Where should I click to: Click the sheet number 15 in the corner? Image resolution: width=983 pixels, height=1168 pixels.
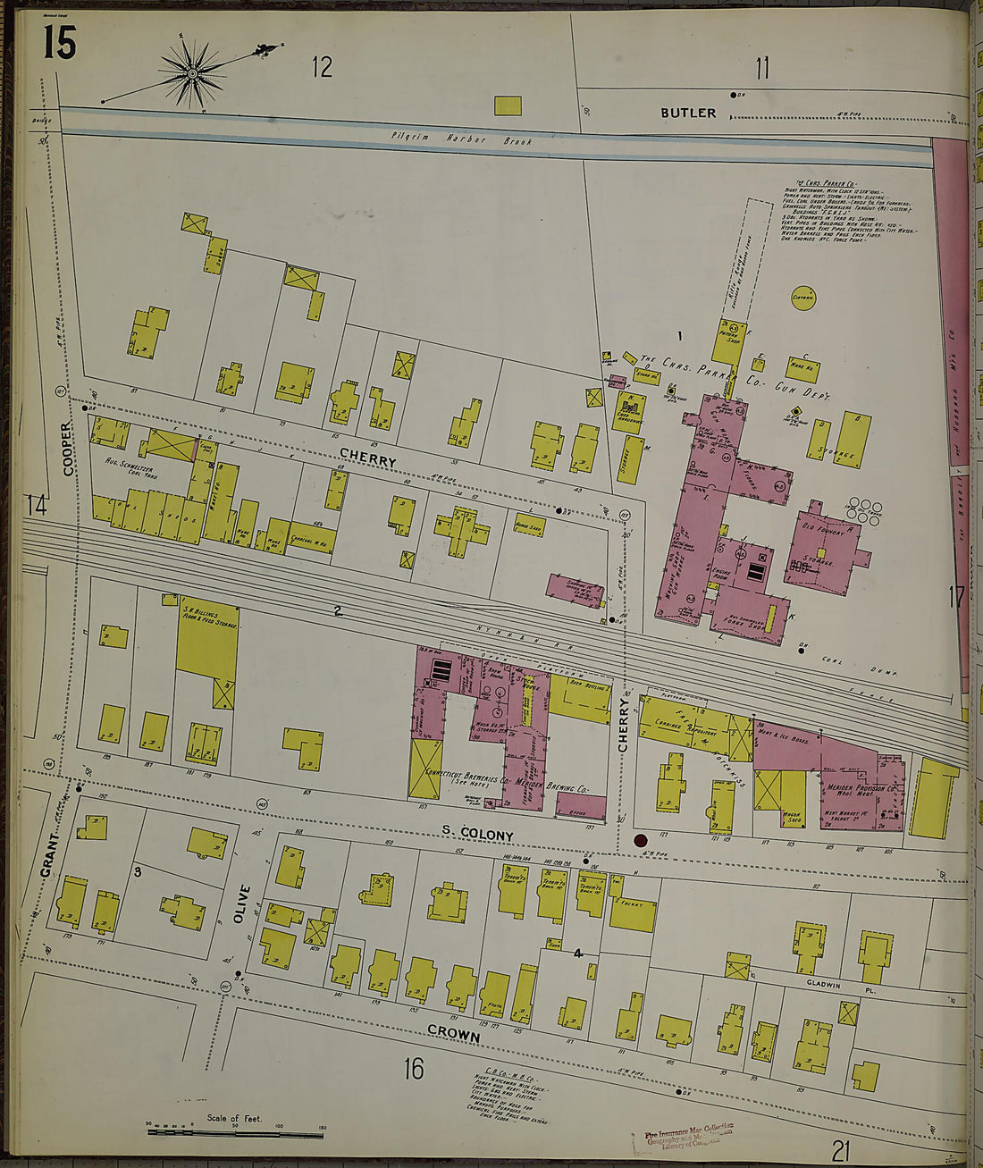pyautogui.click(x=60, y=42)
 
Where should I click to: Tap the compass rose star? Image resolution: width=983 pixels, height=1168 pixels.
pyautogui.click(x=192, y=71)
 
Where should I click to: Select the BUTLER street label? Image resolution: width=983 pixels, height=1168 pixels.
pyautogui.click(x=688, y=113)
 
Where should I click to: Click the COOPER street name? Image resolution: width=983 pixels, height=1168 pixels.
pyautogui.click(x=68, y=449)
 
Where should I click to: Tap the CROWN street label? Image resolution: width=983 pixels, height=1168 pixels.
pyautogui.click(x=453, y=1035)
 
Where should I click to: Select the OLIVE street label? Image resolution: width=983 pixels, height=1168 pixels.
pyautogui.click(x=239, y=903)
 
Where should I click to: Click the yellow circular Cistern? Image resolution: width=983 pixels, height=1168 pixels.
pyautogui.click(x=802, y=298)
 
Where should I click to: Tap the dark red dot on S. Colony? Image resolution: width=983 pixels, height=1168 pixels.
pyautogui.click(x=640, y=840)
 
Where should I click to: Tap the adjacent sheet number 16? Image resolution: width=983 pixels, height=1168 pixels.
pyautogui.click(x=412, y=1068)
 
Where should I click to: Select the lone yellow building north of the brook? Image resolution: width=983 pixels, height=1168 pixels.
pyautogui.click(x=508, y=105)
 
